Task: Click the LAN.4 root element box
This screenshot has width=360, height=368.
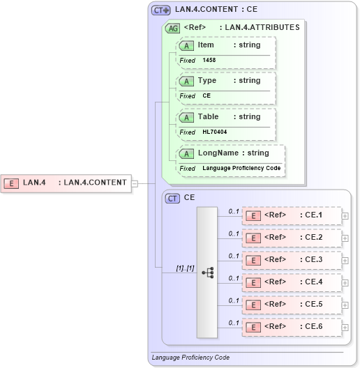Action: click(x=66, y=183)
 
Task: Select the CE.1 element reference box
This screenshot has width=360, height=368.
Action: click(x=292, y=215)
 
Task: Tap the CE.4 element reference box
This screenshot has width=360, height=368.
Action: click(x=292, y=282)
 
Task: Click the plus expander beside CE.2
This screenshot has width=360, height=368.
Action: click(x=345, y=238)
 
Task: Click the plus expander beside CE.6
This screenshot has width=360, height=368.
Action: click(x=345, y=327)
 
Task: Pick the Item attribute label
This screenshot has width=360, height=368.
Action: click(x=206, y=45)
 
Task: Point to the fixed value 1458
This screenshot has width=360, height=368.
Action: click(x=209, y=61)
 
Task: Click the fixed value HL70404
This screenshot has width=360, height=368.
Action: click(x=214, y=132)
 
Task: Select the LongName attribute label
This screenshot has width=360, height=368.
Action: click(x=215, y=153)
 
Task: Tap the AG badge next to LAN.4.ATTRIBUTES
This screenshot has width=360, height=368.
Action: click(x=172, y=29)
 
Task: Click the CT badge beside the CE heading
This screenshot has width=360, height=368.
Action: click(x=172, y=198)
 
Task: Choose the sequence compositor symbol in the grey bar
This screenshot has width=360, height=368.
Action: click(x=207, y=273)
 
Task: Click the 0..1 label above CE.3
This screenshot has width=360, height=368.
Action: click(x=234, y=255)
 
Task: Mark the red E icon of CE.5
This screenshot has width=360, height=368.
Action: click(x=255, y=305)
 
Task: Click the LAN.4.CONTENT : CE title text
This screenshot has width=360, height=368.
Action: click(x=216, y=10)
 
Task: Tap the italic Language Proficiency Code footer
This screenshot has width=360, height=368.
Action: click(x=190, y=358)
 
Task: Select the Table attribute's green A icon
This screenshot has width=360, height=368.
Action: click(x=186, y=117)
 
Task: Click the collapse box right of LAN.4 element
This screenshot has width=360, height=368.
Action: click(x=135, y=183)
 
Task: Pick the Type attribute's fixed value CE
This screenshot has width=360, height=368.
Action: click(x=207, y=96)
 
